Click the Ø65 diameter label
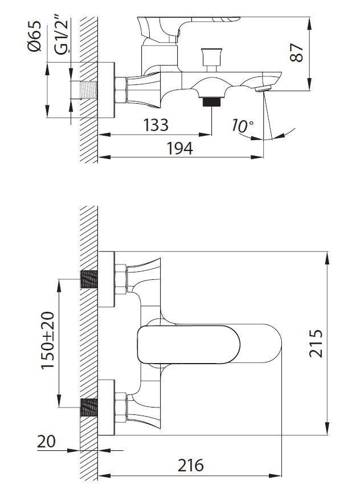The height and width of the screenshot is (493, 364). tap(34, 36)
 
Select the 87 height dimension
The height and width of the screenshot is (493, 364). tap(296, 52)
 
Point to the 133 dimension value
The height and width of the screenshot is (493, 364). tap(156, 125)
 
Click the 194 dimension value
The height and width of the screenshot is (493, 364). tap(179, 148)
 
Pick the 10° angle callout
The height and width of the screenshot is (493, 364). tap(242, 126)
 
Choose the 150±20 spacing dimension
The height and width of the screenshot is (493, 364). tap(48, 340)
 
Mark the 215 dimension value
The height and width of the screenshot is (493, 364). tap(316, 343)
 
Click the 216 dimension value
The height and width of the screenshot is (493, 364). tap(190, 465)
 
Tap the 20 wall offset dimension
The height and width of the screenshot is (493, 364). tap(46, 442)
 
